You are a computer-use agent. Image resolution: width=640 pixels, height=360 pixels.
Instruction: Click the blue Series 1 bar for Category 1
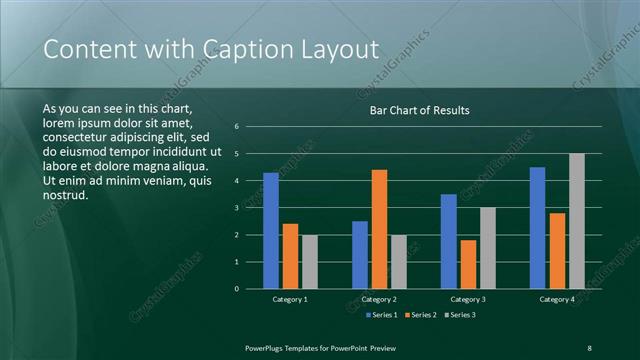pyautogui.click(x=270, y=231)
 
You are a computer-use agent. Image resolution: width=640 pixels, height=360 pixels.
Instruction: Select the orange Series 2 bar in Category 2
pyautogui.click(x=379, y=229)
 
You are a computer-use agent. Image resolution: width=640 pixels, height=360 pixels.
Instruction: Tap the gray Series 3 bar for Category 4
pyautogui.click(x=577, y=221)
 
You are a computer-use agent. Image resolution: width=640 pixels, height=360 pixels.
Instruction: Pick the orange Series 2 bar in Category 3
pyautogui.click(x=468, y=264)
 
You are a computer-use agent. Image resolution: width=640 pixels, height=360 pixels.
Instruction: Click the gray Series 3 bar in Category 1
pyautogui.click(x=309, y=262)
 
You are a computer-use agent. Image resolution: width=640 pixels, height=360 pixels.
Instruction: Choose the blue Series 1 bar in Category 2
pyautogui.click(x=359, y=255)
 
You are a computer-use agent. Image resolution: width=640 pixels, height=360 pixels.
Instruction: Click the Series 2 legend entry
pyautogui.click(x=420, y=315)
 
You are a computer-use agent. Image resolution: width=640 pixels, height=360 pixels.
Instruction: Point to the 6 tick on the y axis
pyautogui.click(x=237, y=127)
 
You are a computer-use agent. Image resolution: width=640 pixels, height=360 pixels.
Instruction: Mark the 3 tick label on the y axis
pyautogui.click(x=237, y=208)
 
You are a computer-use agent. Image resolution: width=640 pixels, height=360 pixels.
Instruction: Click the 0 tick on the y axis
pyautogui.click(x=237, y=289)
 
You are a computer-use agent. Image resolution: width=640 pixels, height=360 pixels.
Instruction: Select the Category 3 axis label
pyautogui.click(x=468, y=299)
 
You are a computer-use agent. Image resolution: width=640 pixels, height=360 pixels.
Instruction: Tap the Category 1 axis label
pyautogui.click(x=290, y=299)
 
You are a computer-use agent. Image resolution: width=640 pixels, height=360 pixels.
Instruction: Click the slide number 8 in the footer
pyautogui.click(x=589, y=347)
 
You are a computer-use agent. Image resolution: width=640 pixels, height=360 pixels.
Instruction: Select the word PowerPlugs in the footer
pyautogui.click(x=267, y=347)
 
